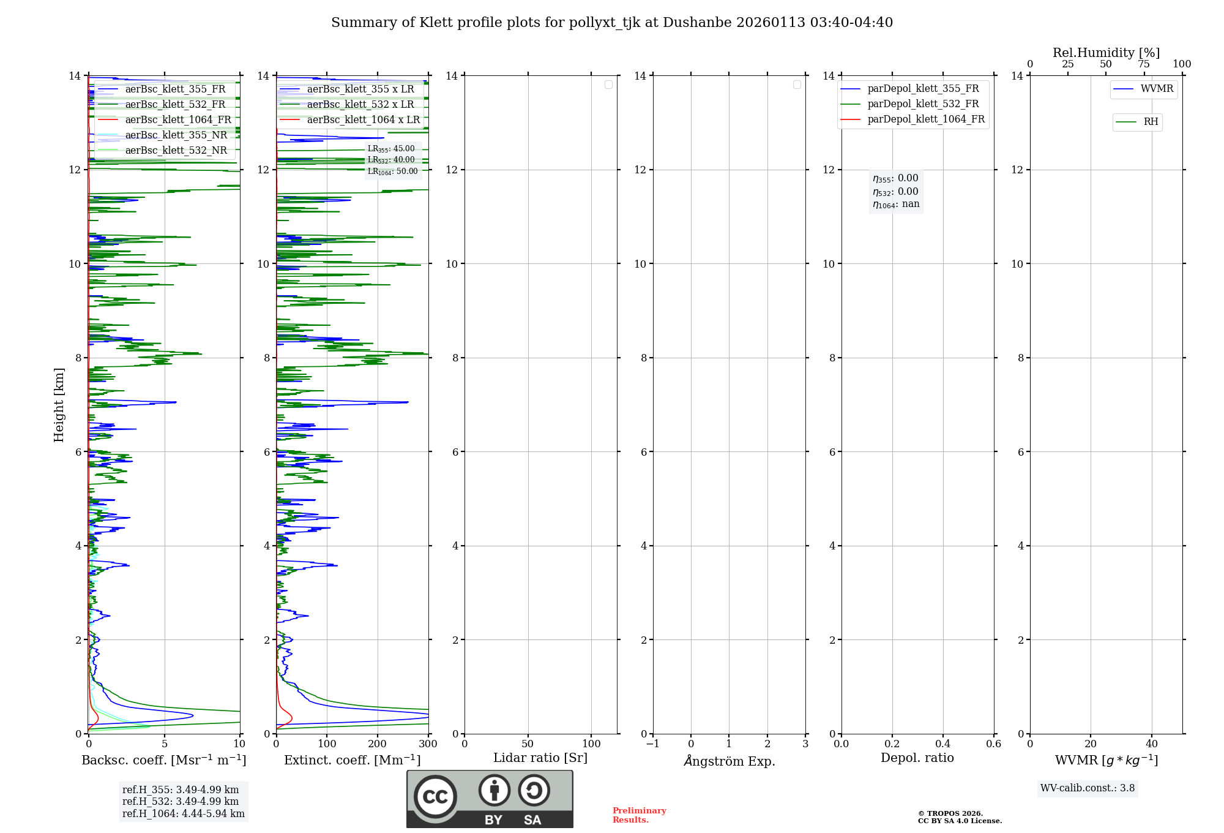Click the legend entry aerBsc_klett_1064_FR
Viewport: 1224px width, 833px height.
(178, 120)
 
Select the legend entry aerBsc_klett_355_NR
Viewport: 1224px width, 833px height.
(176, 135)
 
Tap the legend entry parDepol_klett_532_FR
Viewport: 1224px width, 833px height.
(923, 104)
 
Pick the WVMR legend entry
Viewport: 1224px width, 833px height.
(1157, 89)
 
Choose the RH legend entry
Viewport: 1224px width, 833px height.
(1151, 122)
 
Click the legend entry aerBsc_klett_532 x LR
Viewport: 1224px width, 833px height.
(360, 105)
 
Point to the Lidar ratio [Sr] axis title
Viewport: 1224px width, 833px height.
(540, 758)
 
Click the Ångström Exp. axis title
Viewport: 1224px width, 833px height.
(730, 761)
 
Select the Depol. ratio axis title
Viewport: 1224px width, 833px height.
(917, 758)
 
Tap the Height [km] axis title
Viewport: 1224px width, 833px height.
(59, 405)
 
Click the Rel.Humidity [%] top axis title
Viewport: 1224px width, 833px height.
(1106, 53)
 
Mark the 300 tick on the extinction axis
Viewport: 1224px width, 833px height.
(428, 744)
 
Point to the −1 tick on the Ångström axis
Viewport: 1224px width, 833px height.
(653, 744)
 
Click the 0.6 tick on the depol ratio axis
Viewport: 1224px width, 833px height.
(993, 744)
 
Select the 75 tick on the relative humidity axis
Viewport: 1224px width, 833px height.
(1143, 64)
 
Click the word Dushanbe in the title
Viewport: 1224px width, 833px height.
(696, 23)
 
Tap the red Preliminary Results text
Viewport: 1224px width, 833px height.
(639, 815)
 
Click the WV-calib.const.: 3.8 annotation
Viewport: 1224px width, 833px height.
(1088, 788)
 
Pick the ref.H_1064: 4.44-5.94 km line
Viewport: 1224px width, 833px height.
(183, 814)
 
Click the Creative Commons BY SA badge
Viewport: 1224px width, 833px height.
(490, 799)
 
